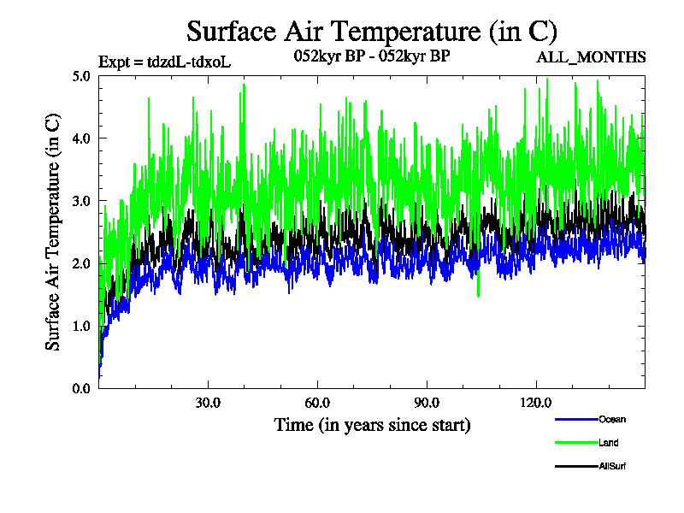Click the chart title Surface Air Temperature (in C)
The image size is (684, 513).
click(372, 32)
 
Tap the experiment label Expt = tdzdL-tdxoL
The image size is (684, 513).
click(165, 62)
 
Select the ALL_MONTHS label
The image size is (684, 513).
click(591, 57)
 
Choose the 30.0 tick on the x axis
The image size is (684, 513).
click(208, 403)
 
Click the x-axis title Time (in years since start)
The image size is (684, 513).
click(372, 425)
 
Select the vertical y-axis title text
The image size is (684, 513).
click(53, 232)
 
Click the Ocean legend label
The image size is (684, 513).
click(612, 419)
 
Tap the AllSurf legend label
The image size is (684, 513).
click(613, 467)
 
